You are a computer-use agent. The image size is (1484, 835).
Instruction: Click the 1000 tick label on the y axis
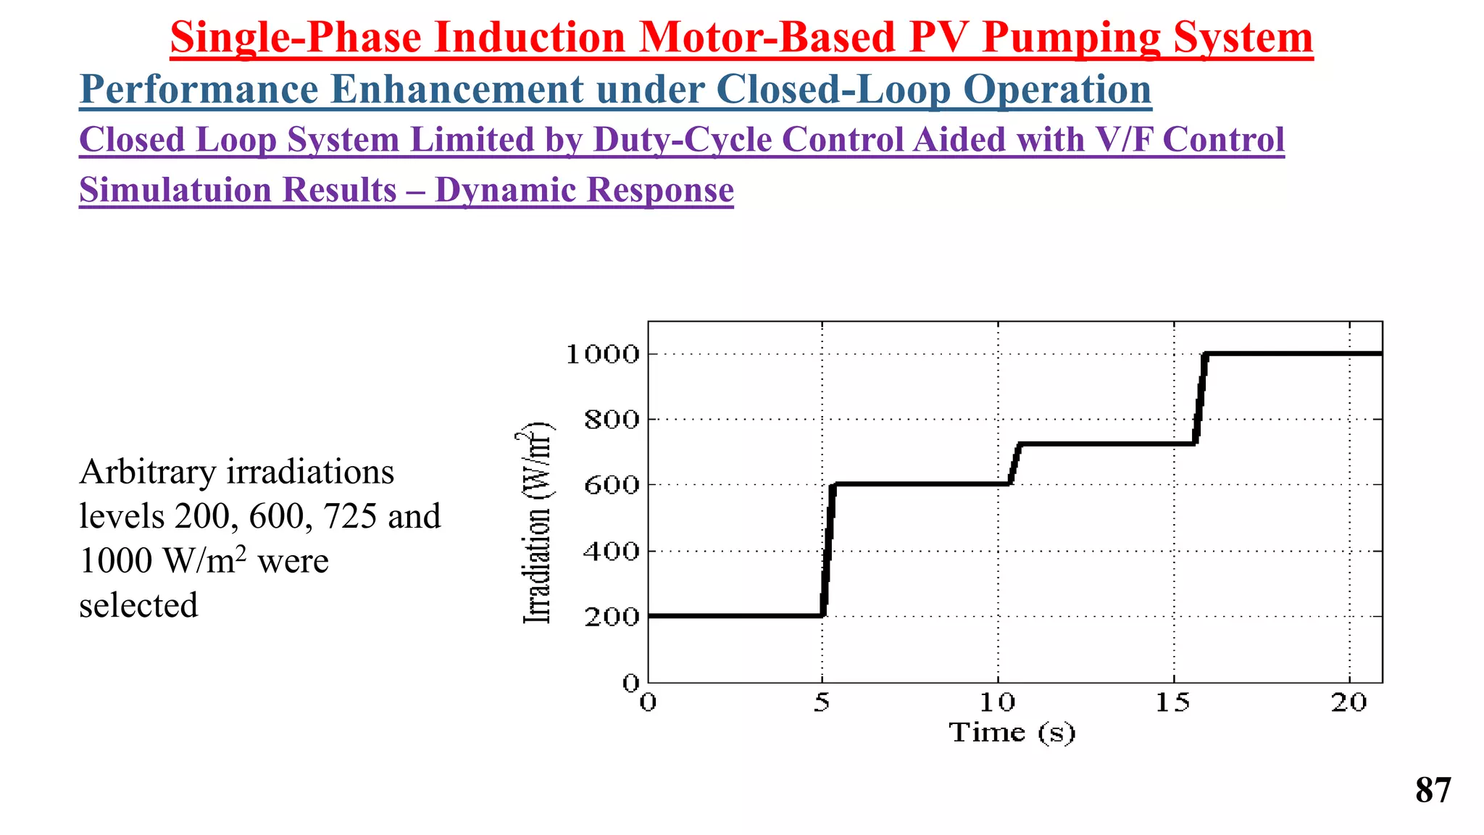tap(602, 354)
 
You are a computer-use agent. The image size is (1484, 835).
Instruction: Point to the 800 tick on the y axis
tap(612, 420)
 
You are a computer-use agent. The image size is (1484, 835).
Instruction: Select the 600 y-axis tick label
tap(612, 485)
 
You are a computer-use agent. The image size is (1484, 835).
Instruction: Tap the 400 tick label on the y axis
tap(612, 552)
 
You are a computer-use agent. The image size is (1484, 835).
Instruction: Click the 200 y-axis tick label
tap(612, 617)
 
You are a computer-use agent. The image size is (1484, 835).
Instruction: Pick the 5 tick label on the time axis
tap(821, 702)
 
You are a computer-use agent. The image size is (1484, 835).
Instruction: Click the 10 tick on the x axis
tap(998, 702)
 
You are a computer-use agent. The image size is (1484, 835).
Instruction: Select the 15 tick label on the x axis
tap(1173, 702)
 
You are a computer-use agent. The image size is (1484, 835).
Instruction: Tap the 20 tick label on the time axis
tap(1348, 702)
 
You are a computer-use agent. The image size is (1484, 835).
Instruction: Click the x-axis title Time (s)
tap(1012, 733)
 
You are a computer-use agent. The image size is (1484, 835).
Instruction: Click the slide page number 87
tap(1433, 790)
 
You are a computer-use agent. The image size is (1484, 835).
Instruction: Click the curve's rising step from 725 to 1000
tap(1200, 399)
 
